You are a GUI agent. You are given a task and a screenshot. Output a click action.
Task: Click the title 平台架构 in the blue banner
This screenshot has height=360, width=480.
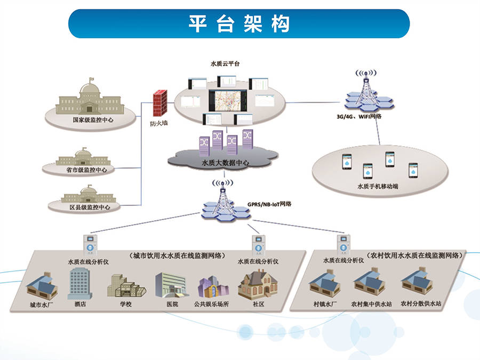pyautogui.click(x=239, y=23)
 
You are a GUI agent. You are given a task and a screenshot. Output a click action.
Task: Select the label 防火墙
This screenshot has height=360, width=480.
pyautogui.click(x=158, y=123)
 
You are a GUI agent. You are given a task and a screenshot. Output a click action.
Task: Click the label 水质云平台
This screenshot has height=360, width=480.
pyautogui.click(x=225, y=63)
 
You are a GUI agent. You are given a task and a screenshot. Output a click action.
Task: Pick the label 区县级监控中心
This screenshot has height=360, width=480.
pyautogui.click(x=89, y=206)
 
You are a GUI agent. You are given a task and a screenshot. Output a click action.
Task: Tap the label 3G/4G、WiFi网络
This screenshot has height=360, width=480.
pyautogui.click(x=358, y=116)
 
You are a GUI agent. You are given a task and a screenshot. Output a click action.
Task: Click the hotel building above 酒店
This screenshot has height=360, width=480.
pyautogui.click(x=78, y=283)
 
